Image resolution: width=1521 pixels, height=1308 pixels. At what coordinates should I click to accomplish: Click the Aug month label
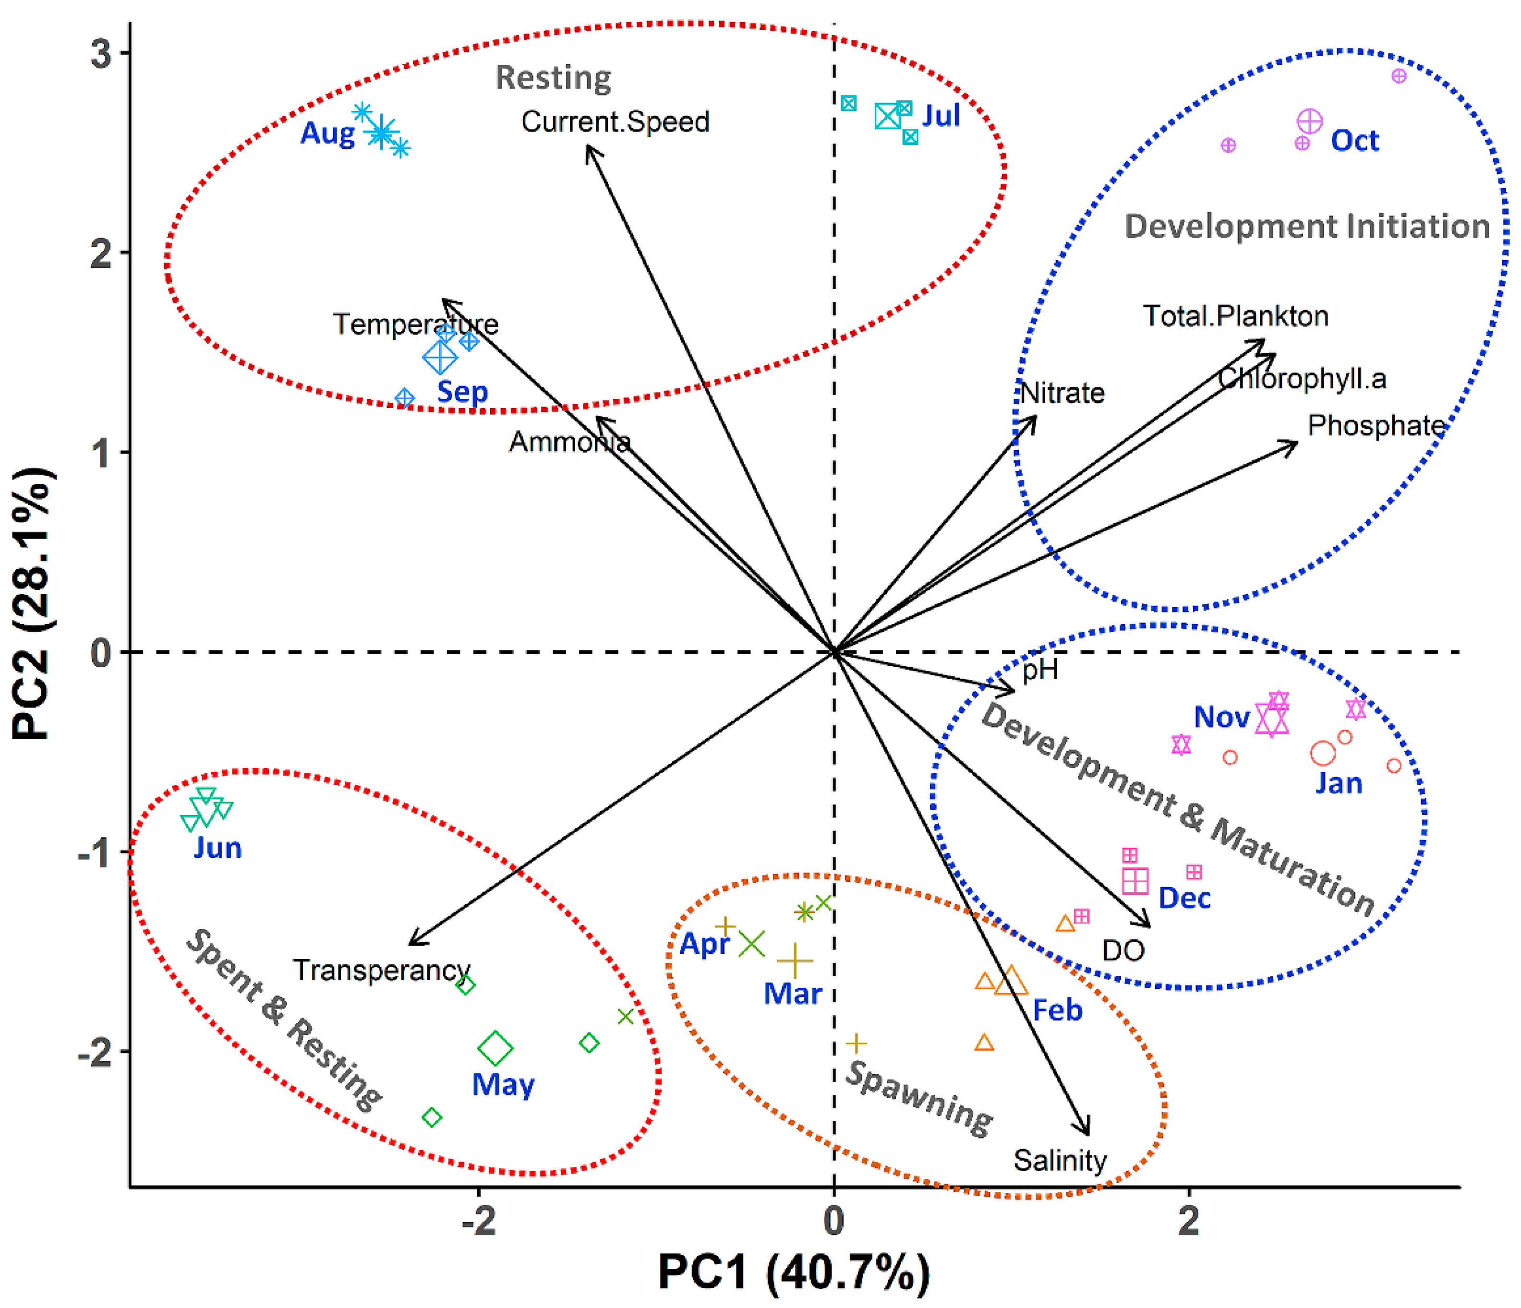coord(327,133)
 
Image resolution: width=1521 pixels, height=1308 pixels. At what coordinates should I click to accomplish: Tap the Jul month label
coord(941,116)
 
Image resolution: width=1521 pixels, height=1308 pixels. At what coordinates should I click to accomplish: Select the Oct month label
coord(1354,141)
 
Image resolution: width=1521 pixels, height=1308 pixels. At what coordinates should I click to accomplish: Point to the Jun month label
coord(217,849)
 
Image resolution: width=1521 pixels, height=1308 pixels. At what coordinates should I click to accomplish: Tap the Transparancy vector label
coord(381,971)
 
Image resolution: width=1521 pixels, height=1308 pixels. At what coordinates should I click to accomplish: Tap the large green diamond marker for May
coord(495,1048)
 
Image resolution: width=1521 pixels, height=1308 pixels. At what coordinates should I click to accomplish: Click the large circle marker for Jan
coord(1323,753)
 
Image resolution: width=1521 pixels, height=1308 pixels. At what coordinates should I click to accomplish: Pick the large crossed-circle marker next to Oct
coord(1310,121)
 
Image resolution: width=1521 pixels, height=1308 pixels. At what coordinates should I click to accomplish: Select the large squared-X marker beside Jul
coord(888,116)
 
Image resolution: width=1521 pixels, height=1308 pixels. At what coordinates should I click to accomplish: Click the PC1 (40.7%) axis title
coord(794,1272)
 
